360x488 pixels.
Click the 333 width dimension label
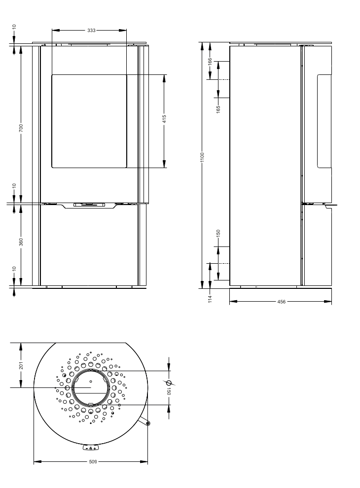click(x=91, y=30)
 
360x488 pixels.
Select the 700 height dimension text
click(x=21, y=128)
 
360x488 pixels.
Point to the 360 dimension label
click(x=21, y=242)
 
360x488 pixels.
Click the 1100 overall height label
click(x=202, y=158)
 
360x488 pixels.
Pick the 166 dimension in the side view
click(x=210, y=62)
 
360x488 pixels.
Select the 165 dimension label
click(x=218, y=108)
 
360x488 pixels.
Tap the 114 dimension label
click(x=210, y=299)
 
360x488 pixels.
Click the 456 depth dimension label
click(x=281, y=302)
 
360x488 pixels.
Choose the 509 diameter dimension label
click(x=93, y=462)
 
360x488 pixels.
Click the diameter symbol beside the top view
click(x=169, y=383)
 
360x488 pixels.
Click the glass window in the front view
click(x=89, y=121)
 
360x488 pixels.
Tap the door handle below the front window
click(x=89, y=205)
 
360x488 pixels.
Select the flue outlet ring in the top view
click(x=91, y=387)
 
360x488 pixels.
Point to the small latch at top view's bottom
click(x=91, y=448)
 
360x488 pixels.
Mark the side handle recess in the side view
click(x=324, y=121)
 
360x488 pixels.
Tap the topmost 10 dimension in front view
click(x=14, y=26)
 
